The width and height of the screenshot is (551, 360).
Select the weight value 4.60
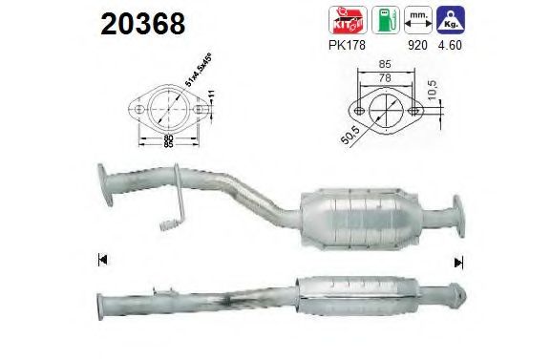450,44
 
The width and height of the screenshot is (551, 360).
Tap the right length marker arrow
457,261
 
